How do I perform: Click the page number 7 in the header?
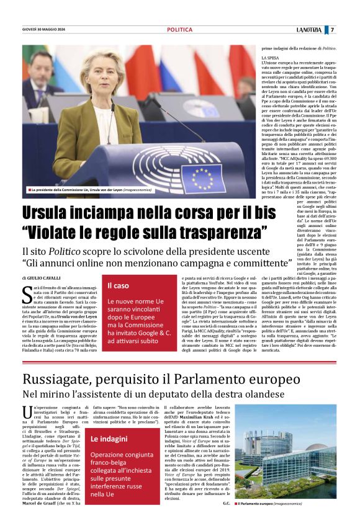coord(333,29)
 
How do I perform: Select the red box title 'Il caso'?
coord(119,285)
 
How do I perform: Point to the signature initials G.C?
coord(226,504)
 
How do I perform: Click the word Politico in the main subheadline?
coord(75,252)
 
